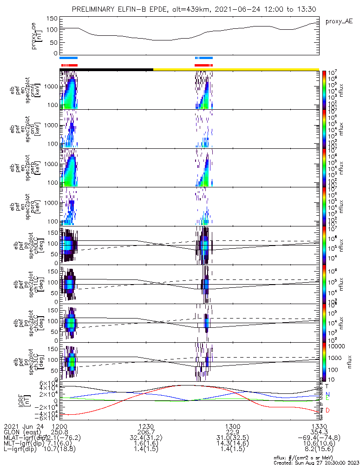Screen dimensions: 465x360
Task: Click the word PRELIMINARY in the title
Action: click(x=93, y=10)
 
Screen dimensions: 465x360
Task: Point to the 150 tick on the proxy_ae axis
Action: click(x=52, y=19)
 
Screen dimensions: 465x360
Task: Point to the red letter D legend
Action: click(x=327, y=410)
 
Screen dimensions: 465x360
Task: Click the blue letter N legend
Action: click(x=327, y=394)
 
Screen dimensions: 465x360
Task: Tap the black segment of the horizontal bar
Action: click(x=107, y=69)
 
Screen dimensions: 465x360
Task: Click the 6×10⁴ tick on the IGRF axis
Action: click(x=48, y=383)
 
